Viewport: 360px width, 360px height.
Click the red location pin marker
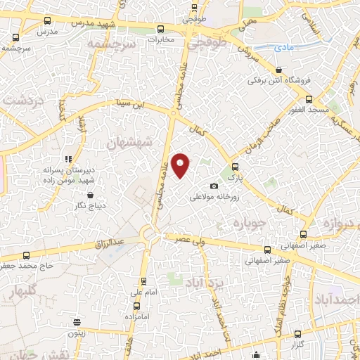(x=181, y=165)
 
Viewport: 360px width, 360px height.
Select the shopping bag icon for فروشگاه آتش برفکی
(x=280, y=70)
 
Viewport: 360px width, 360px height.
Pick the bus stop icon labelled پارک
(x=235, y=167)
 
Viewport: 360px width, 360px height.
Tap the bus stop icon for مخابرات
(x=161, y=29)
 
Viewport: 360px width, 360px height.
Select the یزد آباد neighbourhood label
(x=203, y=283)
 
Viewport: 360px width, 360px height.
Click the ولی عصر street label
(x=190, y=238)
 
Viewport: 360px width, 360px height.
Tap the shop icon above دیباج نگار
(x=89, y=195)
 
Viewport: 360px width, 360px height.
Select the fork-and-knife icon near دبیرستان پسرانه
(x=69, y=159)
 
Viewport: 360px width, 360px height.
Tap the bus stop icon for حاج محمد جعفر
(x=26, y=255)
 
